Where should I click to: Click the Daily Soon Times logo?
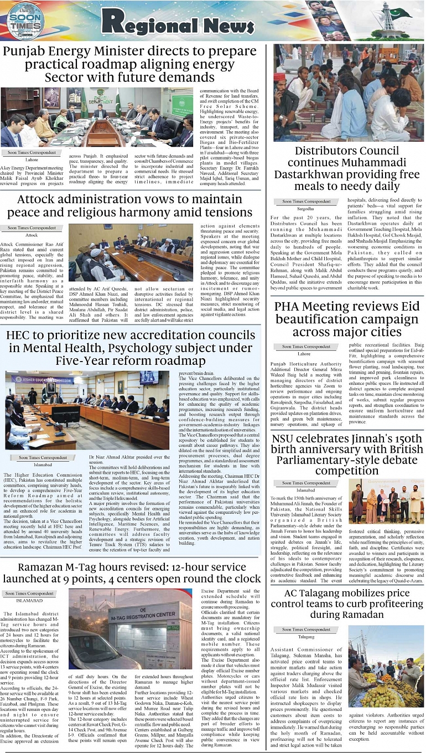25,21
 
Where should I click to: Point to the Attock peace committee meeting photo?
130,252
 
